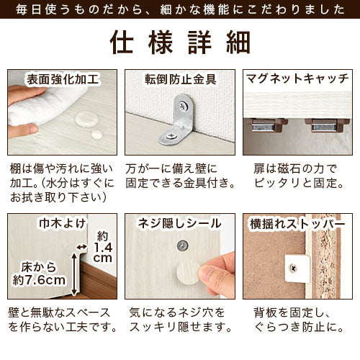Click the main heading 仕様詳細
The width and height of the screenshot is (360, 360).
tap(180, 42)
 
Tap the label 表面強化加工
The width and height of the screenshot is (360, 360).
tap(63, 79)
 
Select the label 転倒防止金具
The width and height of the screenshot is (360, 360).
tap(181, 79)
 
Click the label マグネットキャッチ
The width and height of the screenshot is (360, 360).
tap(297, 78)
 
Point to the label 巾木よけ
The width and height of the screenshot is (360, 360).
tap(63, 223)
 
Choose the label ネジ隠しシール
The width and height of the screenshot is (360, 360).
tap(179, 223)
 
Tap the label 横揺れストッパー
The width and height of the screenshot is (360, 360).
tap(297, 224)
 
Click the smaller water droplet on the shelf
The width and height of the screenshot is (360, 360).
tap(97, 135)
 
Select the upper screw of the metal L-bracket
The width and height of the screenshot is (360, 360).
tap(183, 105)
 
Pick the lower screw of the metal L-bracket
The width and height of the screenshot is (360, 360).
tap(172, 136)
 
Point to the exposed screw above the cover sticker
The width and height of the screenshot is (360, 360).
tap(182, 245)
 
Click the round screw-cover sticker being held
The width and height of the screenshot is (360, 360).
tap(189, 272)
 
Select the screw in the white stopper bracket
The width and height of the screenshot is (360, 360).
tap(292, 268)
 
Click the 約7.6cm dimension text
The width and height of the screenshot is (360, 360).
tap(39, 280)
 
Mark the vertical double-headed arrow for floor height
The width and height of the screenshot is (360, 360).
tap(74, 274)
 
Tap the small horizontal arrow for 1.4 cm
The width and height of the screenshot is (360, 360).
tap(81, 246)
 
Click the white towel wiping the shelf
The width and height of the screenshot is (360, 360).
tap(45, 106)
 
